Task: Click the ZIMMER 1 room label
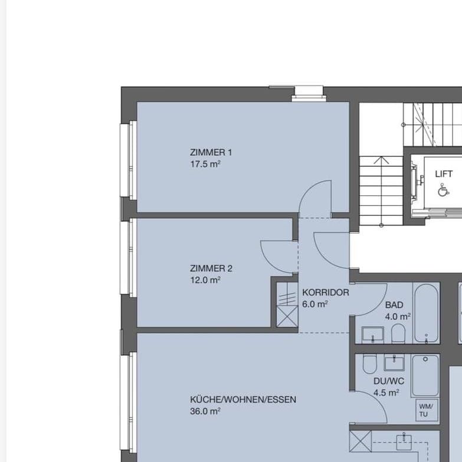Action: click(x=211, y=152)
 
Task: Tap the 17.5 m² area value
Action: click(x=205, y=165)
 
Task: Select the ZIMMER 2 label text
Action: click(x=211, y=268)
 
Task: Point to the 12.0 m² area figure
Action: click(x=205, y=281)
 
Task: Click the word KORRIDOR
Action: click(x=325, y=293)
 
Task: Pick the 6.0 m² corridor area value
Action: click(x=314, y=304)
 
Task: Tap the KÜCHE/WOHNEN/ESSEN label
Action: click(x=243, y=399)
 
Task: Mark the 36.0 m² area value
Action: click(x=205, y=412)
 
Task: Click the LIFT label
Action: click(x=444, y=174)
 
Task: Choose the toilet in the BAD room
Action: click(x=398, y=335)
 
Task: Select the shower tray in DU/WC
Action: click(x=425, y=376)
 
